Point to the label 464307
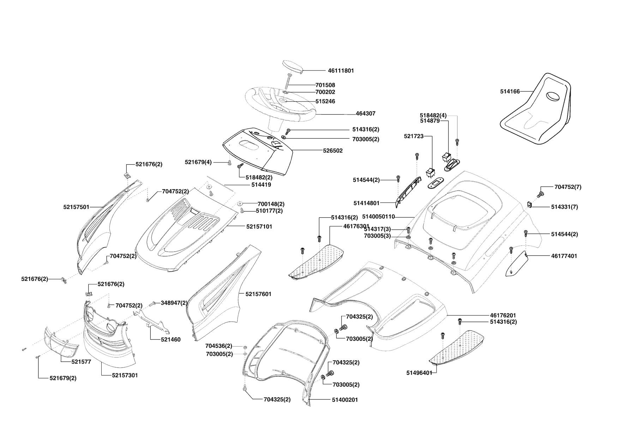coord(366,113)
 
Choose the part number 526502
coord(333,150)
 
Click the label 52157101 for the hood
coord(259,226)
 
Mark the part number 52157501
coord(76,207)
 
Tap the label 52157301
coord(125,375)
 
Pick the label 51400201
coord(345,400)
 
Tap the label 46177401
coord(564,256)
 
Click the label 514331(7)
coord(564,207)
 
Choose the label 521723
coord(414,136)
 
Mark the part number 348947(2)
coord(174,303)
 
